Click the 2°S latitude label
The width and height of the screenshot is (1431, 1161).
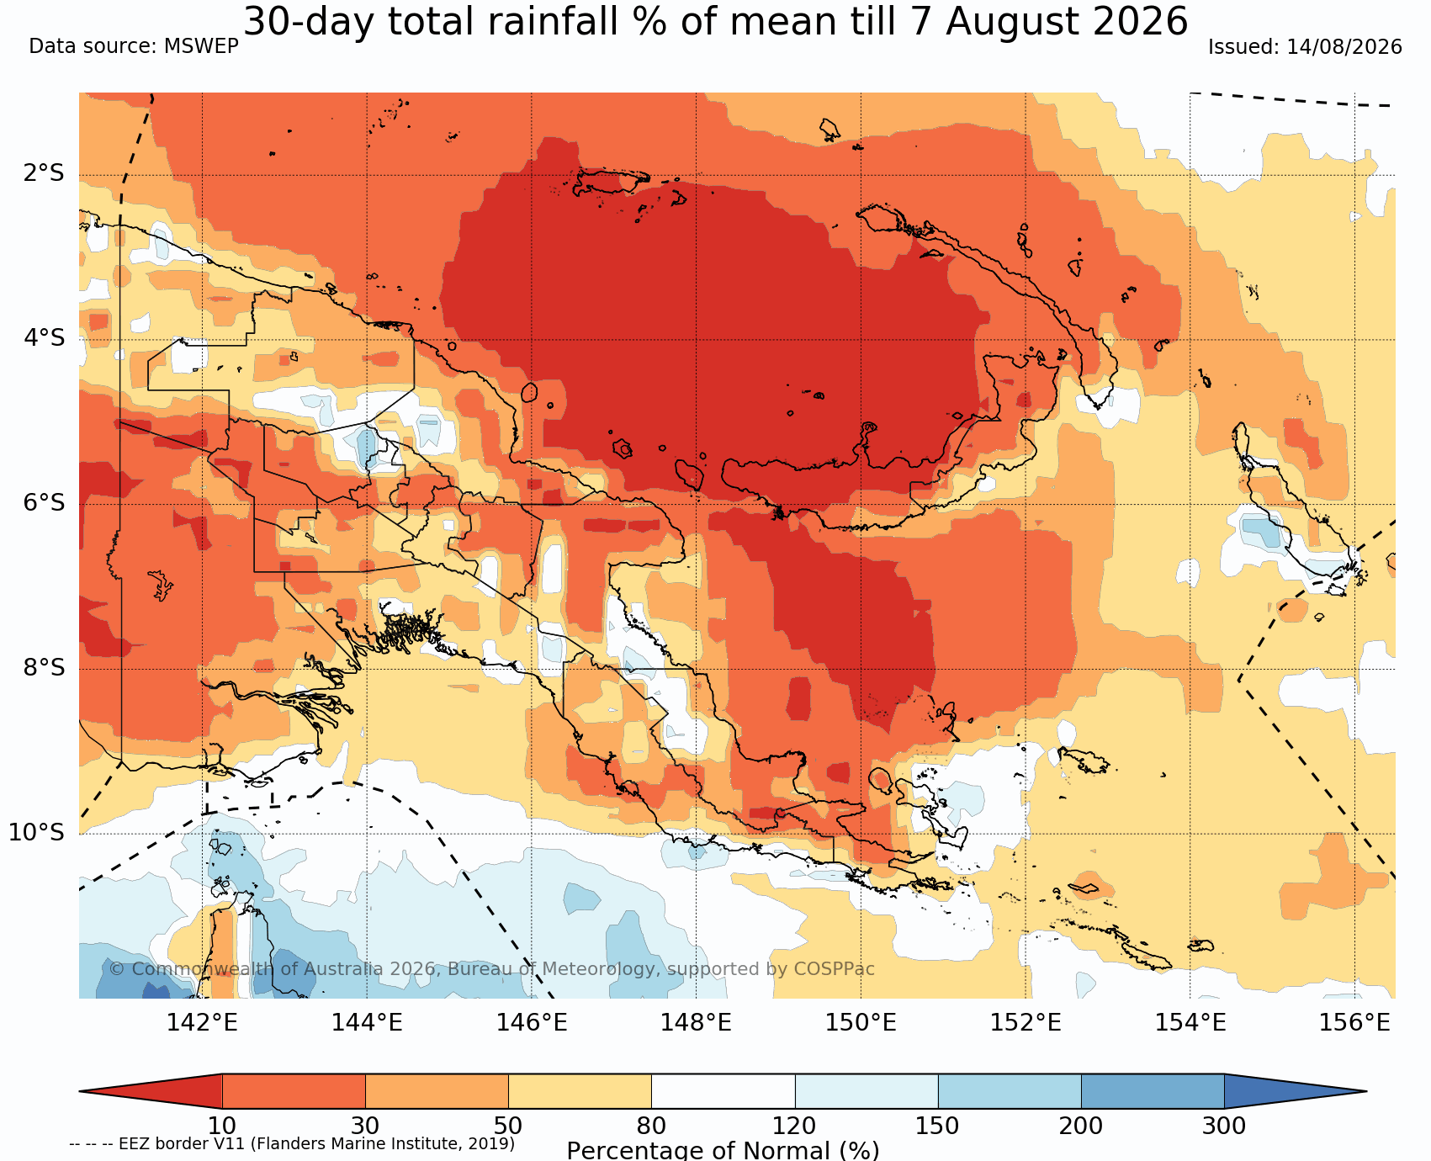(44, 173)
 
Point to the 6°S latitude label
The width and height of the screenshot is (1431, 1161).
(44, 503)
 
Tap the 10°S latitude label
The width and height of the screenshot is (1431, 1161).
(37, 833)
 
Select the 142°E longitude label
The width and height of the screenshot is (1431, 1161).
(202, 1022)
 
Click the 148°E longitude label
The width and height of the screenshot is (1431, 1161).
(696, 1022)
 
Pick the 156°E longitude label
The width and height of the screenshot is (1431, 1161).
(1354, 1022)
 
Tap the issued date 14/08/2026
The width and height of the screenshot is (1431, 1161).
(1344, 47)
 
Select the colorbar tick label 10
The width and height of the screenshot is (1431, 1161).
(222, 1126)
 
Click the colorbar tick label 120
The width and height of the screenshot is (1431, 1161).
(795, 1126)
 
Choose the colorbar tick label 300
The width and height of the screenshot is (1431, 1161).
(1224, 1126)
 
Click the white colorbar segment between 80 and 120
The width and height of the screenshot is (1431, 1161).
(723, 1091)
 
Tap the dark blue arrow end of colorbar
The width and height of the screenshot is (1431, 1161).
(1295, 1091)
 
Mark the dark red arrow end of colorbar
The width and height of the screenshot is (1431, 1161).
(151, 1091)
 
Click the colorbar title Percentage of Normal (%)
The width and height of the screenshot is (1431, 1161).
(723, 1150)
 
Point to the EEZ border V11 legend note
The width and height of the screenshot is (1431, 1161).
(292, 1144)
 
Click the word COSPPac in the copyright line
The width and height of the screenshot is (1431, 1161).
(834, 969)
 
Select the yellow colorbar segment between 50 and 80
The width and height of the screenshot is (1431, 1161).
(580, 1091)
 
